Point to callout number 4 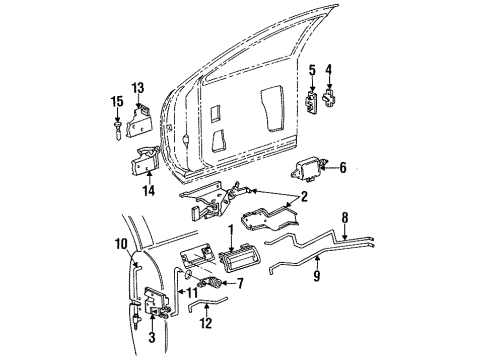(x=332, y=71)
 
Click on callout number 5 (x=311, y=70)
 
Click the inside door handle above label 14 (x=145, y=157)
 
